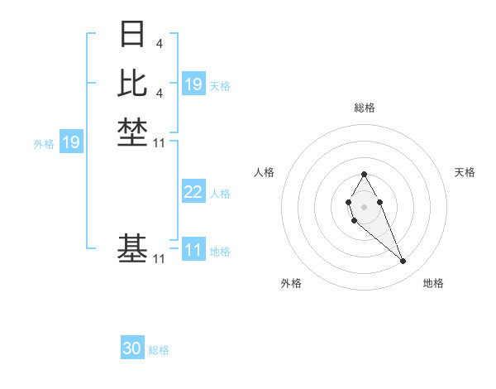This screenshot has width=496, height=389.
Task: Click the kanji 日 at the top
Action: coord(132,34)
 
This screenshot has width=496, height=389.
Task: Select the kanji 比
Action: coord(132,82)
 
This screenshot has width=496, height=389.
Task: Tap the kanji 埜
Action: coord(132,132)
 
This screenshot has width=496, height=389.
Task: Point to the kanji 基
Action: coord(132,247)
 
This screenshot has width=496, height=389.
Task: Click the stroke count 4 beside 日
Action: coord(159,44)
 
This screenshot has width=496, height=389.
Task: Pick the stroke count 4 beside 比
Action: coord(159,93)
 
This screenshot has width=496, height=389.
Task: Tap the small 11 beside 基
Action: coord(160,259)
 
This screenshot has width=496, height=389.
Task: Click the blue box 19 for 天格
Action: coord(193,84)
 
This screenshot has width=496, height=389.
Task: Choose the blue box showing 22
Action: coord(193,192)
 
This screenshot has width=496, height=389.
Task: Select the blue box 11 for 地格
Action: coord(193,250)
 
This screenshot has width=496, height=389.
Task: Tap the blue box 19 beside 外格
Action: coord(71,142)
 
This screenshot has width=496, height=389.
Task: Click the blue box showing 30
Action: coord(132,348)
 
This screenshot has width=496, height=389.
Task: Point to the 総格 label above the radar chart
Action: coord(364,108)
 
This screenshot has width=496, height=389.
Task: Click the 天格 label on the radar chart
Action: coord(465,172)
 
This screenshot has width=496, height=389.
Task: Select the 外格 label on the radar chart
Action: coord(290,283)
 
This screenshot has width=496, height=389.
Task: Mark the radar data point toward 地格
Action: coord(403,262)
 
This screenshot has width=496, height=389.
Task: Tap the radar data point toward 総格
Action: coord(364,174)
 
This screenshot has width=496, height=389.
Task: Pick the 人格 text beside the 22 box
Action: coord(220,194)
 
